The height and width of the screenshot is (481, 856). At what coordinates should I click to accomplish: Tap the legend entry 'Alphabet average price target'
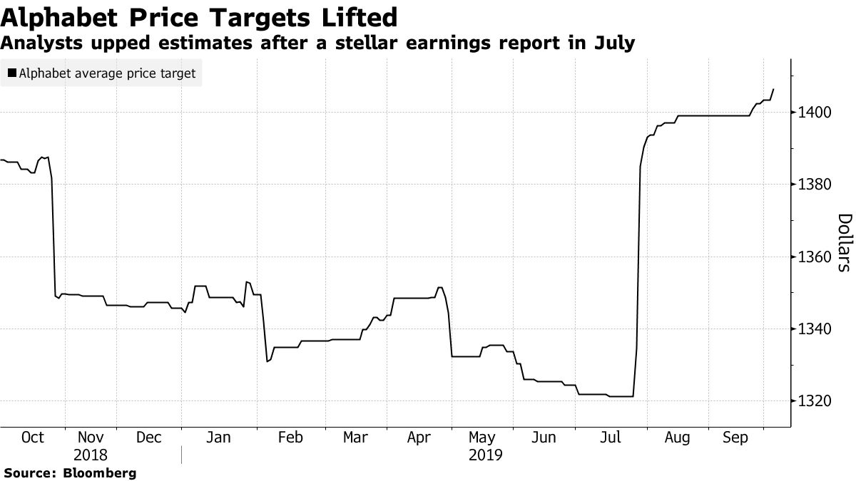(107, 73)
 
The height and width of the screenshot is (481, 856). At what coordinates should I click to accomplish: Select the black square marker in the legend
(12, 73)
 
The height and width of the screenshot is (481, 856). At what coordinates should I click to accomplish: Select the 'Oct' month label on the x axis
(33, 438)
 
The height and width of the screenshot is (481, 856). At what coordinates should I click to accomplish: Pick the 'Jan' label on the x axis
(218, 438)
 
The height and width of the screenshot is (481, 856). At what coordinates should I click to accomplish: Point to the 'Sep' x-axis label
(735, 438)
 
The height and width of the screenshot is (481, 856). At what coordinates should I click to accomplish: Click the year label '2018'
(90, 455)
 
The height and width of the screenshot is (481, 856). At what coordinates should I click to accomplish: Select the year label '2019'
(485, 455)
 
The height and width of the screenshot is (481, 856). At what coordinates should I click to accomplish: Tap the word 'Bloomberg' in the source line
(101, 472)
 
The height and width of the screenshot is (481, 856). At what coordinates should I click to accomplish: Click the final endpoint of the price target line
(775, 89)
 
